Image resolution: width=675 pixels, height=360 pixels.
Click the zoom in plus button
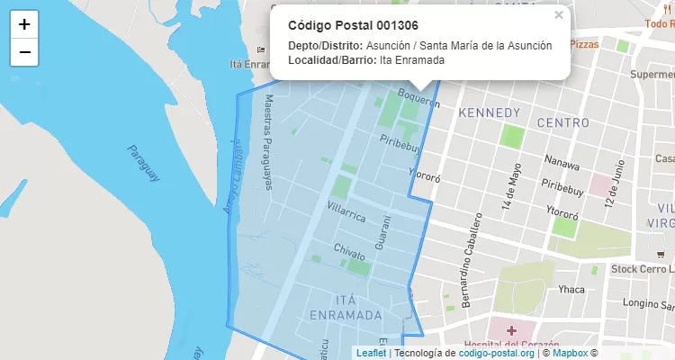point(24,24)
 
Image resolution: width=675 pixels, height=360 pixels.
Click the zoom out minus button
point(24,52)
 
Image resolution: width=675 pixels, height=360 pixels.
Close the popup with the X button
point(559,14)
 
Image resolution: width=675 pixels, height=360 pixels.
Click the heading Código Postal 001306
point(353,25)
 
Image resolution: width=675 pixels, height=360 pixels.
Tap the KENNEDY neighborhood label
point(490,112)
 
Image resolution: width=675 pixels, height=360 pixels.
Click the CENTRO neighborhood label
point(562,121)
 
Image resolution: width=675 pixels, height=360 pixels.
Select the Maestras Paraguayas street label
point(266,143)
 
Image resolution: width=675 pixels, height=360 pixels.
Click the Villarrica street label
point(346,211)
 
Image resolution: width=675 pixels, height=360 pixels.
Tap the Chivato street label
point(349,251)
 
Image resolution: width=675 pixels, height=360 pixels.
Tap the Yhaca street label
point(571,289)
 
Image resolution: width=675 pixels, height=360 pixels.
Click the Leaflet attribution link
point(371,353)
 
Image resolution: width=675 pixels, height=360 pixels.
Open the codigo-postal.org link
point(496,353)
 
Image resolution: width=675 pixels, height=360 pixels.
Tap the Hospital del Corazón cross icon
point(511,332)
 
